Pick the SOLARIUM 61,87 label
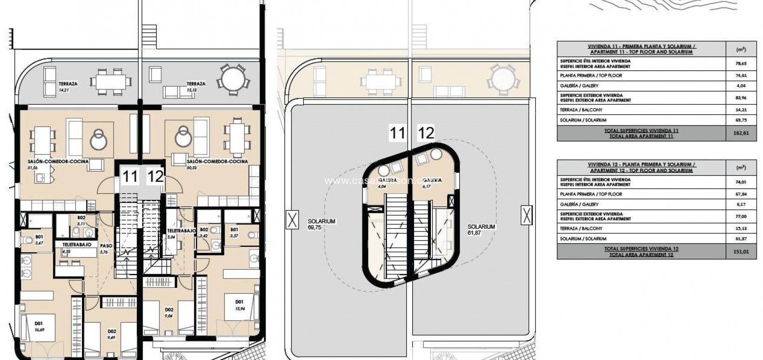click(x=481, y=230)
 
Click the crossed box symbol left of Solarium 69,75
click(x=292, y=219)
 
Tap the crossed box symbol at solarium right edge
click(x=526, y=216)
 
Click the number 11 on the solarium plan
click(x=397, y=134)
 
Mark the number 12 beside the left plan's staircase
click(x=155, y=177)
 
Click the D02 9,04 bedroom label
click(x=169, y=312)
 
